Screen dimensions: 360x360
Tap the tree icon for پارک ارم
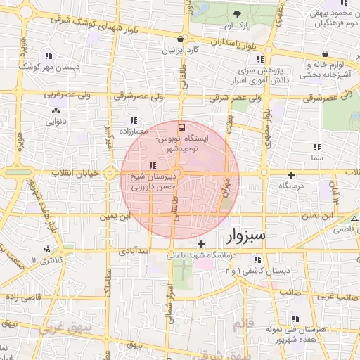click(238, 15)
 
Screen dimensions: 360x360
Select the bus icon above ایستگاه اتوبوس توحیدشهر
click(182, 127)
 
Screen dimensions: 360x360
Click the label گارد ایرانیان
click(182, 51)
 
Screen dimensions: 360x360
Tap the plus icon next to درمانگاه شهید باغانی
click(202, 244)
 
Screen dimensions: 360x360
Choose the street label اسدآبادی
click(134, 250)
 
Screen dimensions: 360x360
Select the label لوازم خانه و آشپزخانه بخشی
click(330, 69)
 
